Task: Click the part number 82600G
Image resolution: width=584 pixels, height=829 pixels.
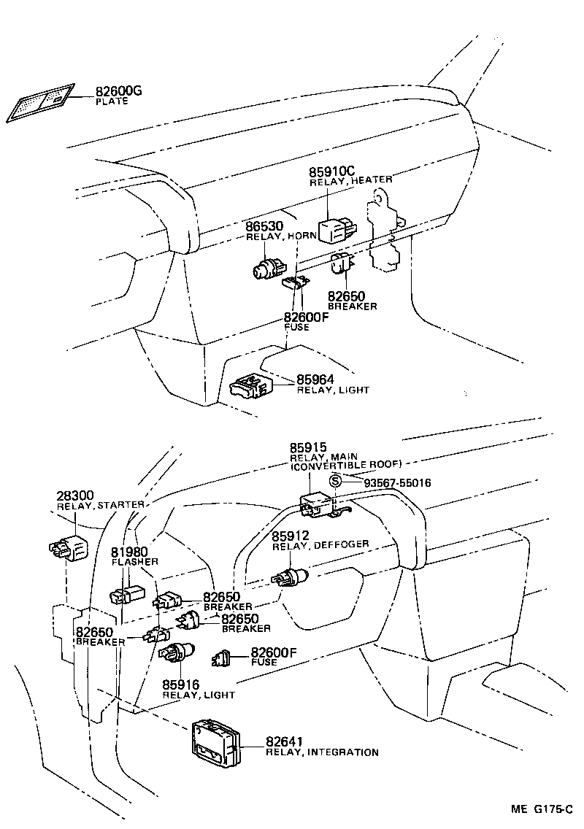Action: (118, 92)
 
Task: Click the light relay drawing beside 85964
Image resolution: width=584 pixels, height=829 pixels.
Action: (251, 387)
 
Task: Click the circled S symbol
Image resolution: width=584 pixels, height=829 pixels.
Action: (334, 481)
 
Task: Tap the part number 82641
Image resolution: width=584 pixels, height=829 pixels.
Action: (284, 741)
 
